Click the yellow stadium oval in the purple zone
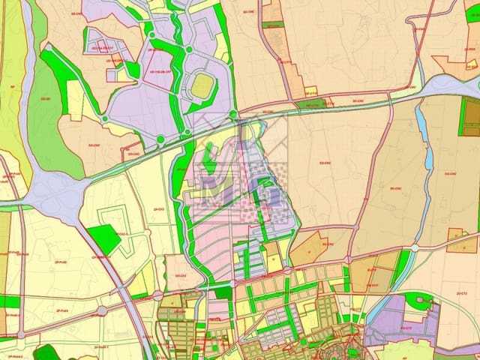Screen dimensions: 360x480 coord(200,86)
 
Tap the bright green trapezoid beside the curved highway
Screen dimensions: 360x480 coord(104,238)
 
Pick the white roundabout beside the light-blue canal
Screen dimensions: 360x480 coord(414,247)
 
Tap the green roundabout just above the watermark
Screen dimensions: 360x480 coord(234,115)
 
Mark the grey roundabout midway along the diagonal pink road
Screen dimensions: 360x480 coord(102,310)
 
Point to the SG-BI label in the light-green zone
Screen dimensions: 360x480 coord(46,98)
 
